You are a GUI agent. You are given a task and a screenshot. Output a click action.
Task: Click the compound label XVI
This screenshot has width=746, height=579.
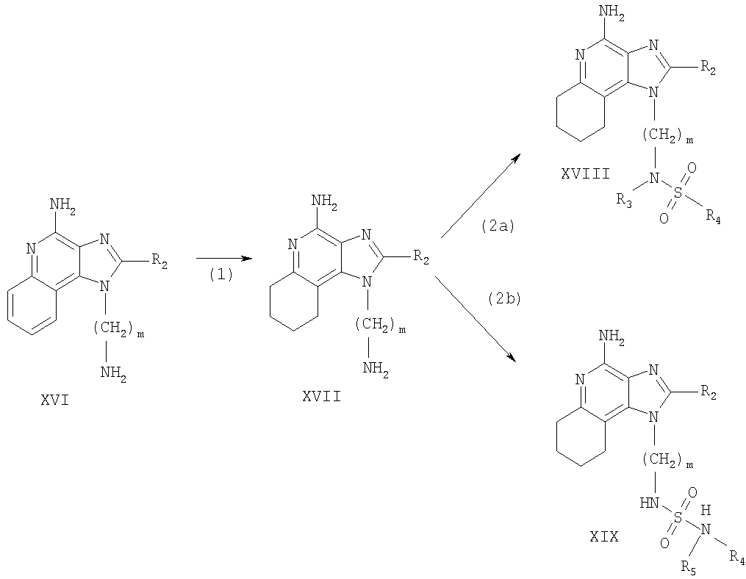[54, 400]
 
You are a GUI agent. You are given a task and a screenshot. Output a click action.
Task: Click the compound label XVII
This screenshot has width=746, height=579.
[322, 396]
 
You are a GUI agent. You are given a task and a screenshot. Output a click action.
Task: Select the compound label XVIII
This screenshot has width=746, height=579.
[585, 174]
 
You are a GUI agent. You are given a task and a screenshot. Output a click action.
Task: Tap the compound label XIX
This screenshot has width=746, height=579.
[603, 537]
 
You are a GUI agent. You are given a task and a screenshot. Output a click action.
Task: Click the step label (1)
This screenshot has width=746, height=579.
[221, 275]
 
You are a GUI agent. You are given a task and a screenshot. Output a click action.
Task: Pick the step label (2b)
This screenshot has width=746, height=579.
[505, 299]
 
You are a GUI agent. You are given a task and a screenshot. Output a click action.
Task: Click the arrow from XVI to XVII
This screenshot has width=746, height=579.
[223, 259]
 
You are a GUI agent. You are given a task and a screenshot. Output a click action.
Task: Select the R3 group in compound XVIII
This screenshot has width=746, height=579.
[625, 201]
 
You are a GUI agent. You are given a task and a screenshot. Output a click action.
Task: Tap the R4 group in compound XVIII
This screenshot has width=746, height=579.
[713, 217]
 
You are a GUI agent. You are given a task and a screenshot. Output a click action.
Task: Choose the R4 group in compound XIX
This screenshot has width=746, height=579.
[737, 555]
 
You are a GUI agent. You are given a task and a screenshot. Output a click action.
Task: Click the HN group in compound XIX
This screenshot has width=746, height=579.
[650, 503]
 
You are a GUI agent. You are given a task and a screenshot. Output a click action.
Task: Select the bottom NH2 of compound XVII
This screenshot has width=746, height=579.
[376, 369]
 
